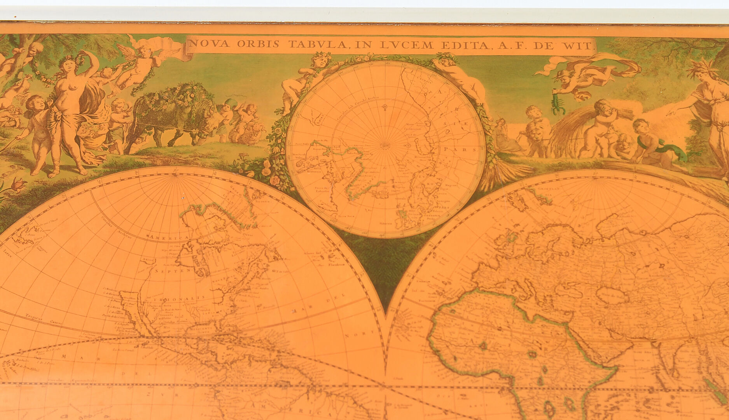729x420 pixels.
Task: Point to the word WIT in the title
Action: click(582, 46)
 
